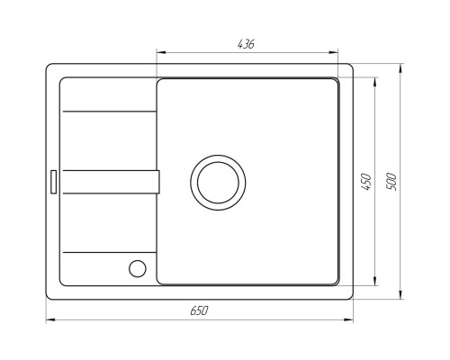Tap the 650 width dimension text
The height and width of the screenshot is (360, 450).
[199, 310]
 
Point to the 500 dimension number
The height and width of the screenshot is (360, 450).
[391, 180]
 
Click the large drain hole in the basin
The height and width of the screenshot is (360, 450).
[216, 180]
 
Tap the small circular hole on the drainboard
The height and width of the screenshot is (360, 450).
[138, 267]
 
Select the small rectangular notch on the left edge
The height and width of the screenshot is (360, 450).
[53, 181]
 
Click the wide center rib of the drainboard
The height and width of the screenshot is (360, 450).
[108, 181]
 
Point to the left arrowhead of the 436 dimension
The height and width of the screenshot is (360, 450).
[160, 52]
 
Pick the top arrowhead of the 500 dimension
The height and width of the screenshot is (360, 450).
[400, 67]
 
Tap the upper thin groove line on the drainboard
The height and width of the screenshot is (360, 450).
[108, 112]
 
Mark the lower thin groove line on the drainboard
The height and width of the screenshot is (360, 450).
[108, 251]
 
